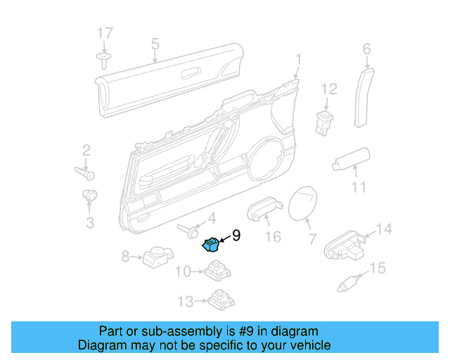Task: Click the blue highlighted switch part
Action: (211, 245)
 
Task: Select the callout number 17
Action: (104, 33)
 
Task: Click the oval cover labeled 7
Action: (304, 205)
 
